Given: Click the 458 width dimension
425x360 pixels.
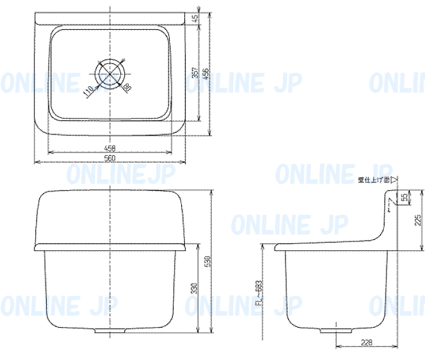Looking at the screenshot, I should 110,148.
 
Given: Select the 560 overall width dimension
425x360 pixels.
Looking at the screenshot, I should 110,158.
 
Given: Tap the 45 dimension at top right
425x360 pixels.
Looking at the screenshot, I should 194,18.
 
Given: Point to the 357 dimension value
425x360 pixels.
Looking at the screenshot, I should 195,74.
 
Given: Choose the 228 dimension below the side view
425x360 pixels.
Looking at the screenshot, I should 366,342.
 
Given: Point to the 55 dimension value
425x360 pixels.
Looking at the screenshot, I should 404,198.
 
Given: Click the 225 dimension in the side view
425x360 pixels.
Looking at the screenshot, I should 417,219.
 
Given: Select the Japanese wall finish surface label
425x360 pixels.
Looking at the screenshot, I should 373,179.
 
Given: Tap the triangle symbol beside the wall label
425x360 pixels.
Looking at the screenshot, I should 393,179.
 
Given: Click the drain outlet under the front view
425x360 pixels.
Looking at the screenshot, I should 110,330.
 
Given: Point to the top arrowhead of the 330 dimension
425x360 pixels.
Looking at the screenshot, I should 199,248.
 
